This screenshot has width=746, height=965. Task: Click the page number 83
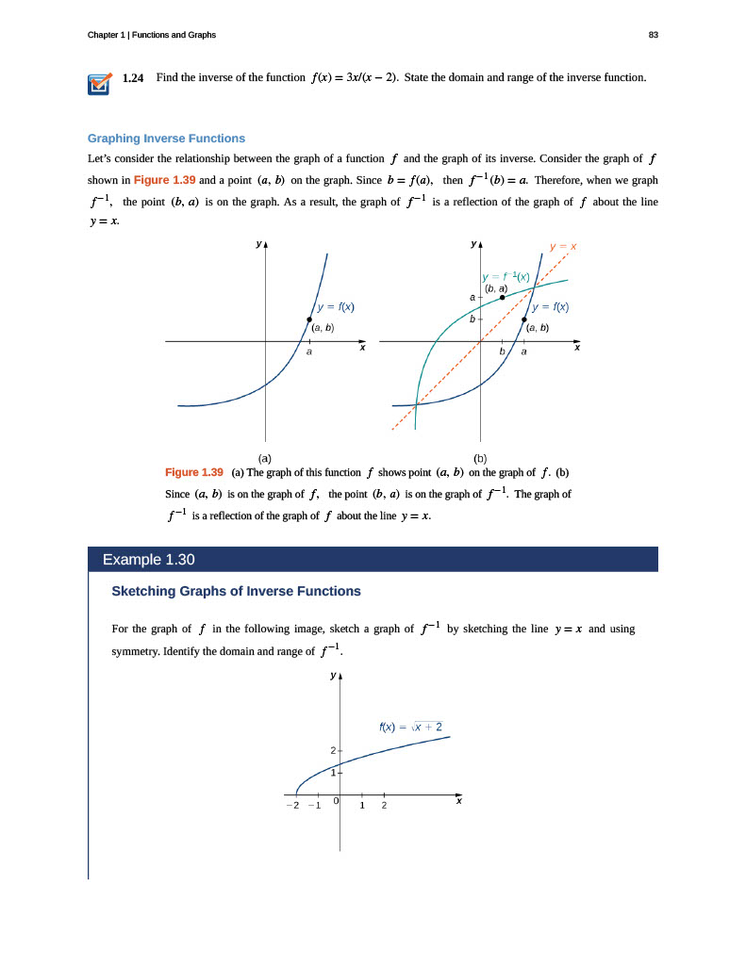point(654,35)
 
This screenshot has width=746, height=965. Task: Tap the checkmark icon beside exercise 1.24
point(98,85)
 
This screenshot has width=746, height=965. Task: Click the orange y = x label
point(563,247)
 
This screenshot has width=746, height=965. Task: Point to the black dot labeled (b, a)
point(502,297)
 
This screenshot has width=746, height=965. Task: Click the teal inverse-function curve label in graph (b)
point(506,276)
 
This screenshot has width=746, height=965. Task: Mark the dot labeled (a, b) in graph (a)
point(309,319)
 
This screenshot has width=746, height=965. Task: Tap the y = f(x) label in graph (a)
point(336,306)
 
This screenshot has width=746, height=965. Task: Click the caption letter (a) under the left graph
point(266,459)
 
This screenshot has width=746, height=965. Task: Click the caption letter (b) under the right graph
point(479,459)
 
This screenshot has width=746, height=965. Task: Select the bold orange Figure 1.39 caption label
point(193,472)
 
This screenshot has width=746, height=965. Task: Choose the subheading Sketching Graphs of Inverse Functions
point(236,592)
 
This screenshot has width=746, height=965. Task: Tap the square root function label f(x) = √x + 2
point(410,726)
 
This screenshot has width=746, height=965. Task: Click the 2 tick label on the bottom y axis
point(333,750)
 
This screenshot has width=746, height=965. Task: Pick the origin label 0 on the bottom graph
point(336,800)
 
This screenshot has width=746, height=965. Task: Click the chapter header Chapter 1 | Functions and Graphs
point(151,35)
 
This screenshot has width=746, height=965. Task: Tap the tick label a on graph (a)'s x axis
point(309,352)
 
